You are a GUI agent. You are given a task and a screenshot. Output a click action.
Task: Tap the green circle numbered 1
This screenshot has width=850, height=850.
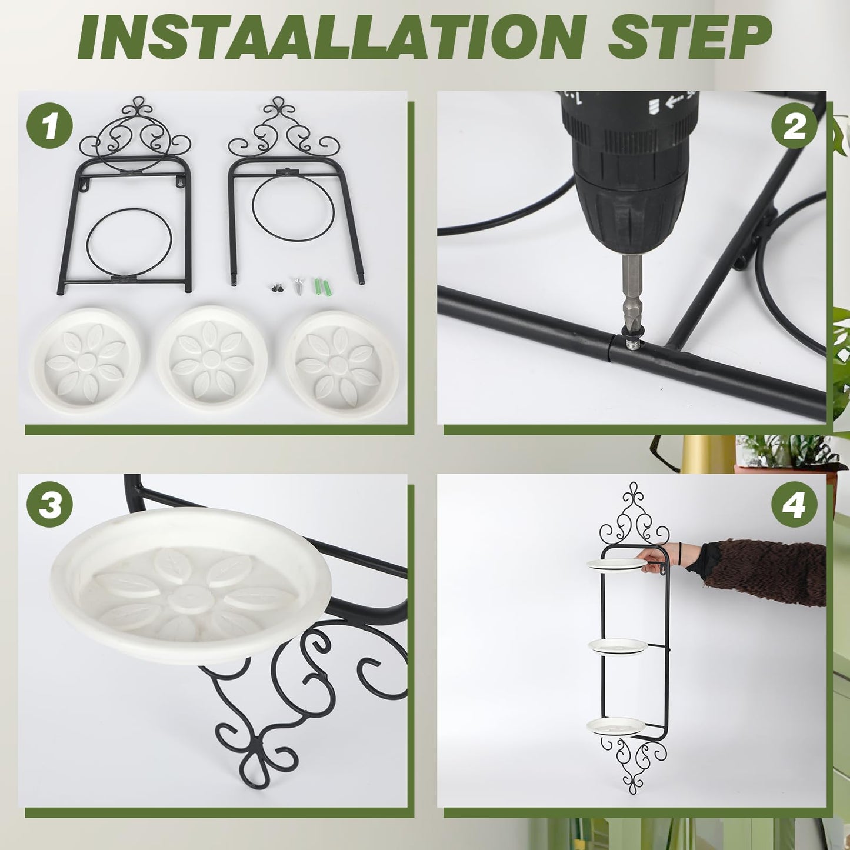point(49,125)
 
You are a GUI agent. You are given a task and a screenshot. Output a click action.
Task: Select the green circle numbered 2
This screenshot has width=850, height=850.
point(794,125)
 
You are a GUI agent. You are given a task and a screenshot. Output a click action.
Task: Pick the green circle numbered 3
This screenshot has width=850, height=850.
point(49,504)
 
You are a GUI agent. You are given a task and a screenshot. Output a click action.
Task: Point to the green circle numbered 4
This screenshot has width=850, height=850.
point(794,504)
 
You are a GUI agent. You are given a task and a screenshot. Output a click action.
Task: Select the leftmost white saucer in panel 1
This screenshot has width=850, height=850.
point(85,360)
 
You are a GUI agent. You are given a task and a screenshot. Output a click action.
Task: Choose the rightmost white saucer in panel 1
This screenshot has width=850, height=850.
point(341,364)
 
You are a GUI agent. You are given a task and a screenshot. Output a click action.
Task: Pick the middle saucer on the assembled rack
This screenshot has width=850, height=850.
point(618,646)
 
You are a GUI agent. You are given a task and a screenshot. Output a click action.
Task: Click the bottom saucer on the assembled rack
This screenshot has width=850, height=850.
point(616,726)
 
